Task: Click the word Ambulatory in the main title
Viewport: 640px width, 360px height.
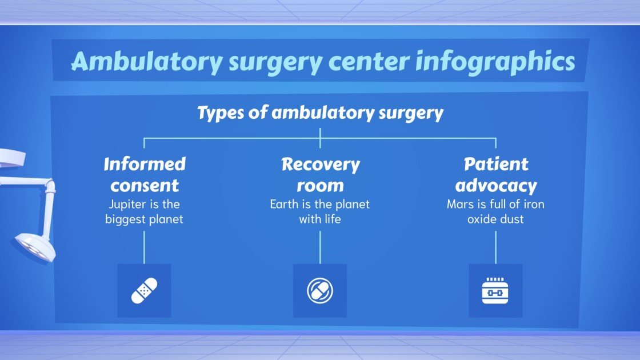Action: click(146, 61)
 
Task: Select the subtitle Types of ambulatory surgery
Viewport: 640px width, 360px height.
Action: click(320, 113)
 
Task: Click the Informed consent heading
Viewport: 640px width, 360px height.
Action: click(145, 174)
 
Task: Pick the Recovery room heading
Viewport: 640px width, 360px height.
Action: click(320, 174)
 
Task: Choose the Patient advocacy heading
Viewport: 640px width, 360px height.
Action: click(495, 174)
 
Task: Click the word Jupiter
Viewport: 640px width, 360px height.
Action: click(126, 204)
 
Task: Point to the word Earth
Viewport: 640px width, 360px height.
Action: click(283, 204)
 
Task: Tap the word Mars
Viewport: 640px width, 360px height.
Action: click(458, 204)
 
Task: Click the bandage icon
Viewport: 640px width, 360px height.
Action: click(144, 291)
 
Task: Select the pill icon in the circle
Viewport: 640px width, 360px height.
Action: click(320, 291)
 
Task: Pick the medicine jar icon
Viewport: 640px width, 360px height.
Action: click(495, 291)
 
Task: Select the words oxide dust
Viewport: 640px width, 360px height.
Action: click(495, 219)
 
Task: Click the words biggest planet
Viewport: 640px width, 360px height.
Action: click(144, 219)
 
